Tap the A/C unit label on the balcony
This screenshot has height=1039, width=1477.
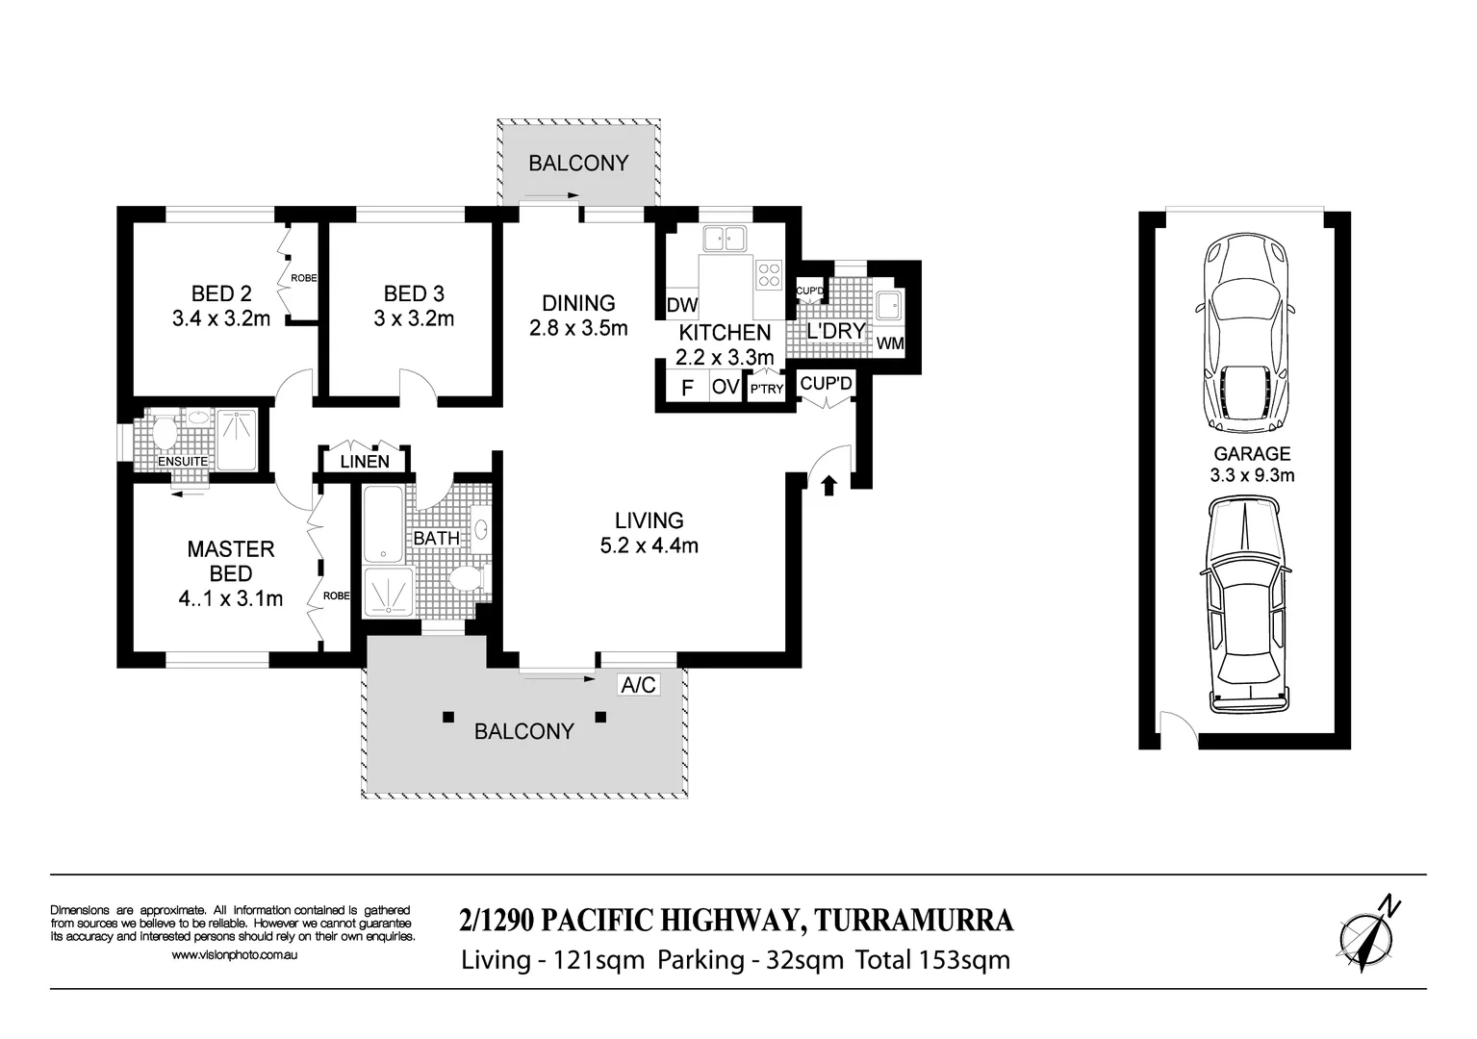pyautogui.click(x=638, y=685)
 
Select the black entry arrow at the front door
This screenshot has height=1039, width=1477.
pyautogui.click(x=828, y=486)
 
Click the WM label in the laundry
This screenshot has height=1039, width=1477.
pyautogui.click(x=890, y=343)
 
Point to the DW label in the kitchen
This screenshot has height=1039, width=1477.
pyautogui.click(x=682, y=305)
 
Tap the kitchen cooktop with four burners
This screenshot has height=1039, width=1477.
pyautogui.click(x=769, y=275)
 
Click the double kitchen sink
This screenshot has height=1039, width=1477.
pyautogui.click(x=724, y=239)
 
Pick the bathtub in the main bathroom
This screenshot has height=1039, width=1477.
pyautogui.click(x=383, y=522)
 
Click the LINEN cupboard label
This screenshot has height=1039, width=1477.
pyautogui.click(x=365, y=462)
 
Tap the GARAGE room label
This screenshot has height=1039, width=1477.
pyautogui.click(x=1252, y=453)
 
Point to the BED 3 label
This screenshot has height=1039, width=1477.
pyautogui.click(x=414, y=293)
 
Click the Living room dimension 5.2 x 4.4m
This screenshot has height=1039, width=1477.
pyautogui.click(x=649, y=545)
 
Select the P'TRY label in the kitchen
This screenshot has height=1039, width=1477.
pyautogui.click(x=767, y=390)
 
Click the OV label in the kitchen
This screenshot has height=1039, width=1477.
pyautogui.click(x=726, y=387)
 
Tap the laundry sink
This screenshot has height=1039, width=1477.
pyautogui.click(x=889, y=305)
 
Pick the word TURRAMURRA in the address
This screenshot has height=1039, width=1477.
pyautogui.click(x=914, y=921)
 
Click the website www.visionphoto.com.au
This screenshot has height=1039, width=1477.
pyautogui.click(x=234, y=955)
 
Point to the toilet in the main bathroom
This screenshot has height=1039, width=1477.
pyautogui.click(x=469, y=579)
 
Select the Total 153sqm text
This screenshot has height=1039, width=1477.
pyautogui.click(x=933, y=960)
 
